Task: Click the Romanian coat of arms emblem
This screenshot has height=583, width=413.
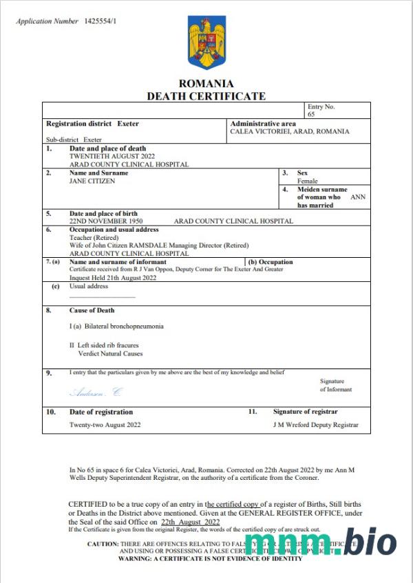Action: pyautogui.click(x=206, y=43)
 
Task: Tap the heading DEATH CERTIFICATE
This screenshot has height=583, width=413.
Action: pyautogui.click(x=206, y=96)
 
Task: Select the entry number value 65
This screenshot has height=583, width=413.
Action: pyautogui.click(x=311, y=114)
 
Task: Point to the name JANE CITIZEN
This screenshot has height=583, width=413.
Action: pyautogui.click(x=93, y=181)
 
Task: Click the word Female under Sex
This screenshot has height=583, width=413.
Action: pyautogui.click(x=308, y=181)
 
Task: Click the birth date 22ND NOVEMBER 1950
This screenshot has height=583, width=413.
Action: pyautogui.click(x=106, y=221)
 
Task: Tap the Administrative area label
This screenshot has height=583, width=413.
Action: pyautogui.click(x=263, y=124)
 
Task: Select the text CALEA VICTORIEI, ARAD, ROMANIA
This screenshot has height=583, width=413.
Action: pyautogui.click(x=289, y=131)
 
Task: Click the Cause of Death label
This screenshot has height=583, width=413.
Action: pyautogui.click(x=92, y=311)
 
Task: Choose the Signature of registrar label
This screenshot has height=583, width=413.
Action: pyautogui.click(x=305, y=412)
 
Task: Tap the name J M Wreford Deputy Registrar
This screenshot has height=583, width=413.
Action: pyautogui.click(x=315, y=425)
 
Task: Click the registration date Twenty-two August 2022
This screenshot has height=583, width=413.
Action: pyautogui.click(x=105, y=425)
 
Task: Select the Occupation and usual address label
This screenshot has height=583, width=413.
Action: pyautogui.click(x=114, y=230)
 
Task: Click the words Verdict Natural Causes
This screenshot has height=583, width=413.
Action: pyautogui.click(x=110, y=353)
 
